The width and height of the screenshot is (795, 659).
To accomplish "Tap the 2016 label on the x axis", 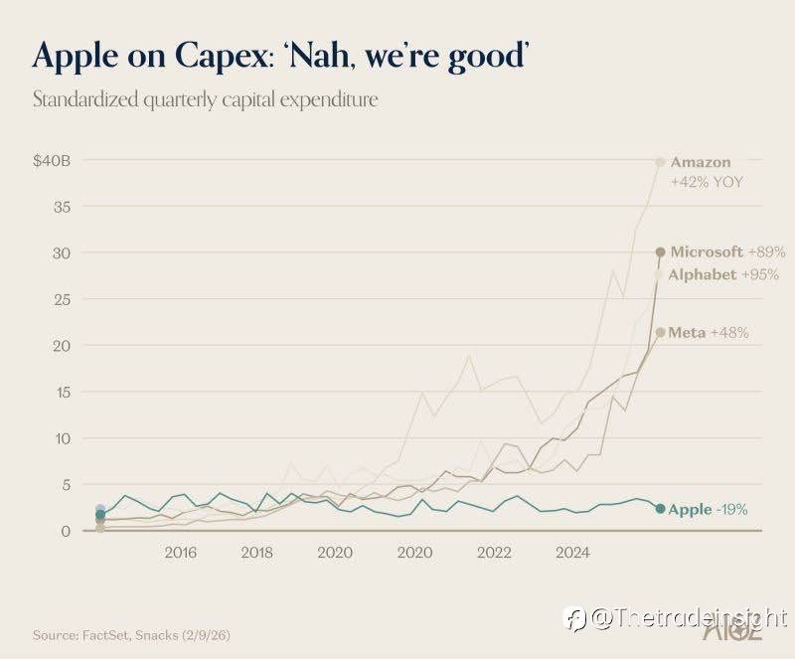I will click(181, 552).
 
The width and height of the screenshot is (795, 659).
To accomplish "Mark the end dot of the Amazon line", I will click(660, 162).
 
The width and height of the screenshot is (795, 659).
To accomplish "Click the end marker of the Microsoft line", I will click(660, 252).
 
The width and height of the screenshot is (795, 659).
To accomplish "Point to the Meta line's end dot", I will click(660, 332).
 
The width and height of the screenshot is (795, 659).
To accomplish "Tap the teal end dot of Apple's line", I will click(660, 509).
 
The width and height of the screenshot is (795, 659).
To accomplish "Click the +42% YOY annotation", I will click(707, 183).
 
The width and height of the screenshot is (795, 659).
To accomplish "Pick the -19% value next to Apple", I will click(732, 510).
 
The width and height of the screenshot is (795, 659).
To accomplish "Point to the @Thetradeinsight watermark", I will click(686, 618).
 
